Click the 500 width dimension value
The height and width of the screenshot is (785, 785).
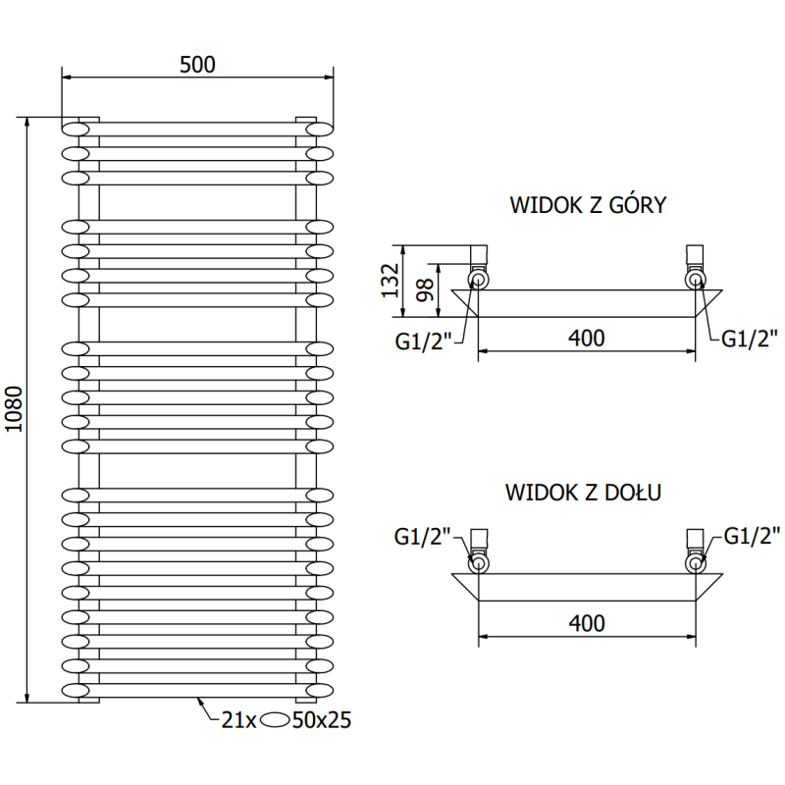coord(197,64)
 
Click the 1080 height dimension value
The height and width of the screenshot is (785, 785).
coord(14,410)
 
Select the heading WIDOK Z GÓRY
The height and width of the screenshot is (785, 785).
coord(589,206)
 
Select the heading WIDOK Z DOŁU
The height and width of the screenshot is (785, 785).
coord(584,492)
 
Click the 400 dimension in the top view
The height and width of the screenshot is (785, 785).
coord(586,339)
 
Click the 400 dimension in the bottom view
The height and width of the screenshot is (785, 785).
coord(586,622)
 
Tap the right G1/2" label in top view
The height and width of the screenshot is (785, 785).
coord(750,339)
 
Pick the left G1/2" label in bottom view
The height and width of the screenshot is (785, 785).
coord(423,536)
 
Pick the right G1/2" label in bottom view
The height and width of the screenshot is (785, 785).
coord(752,535)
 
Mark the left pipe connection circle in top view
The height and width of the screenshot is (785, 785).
coord(479,281)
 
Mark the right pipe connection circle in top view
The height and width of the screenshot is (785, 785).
coord(696,281)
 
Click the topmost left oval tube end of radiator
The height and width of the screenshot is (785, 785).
coord(76,129)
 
